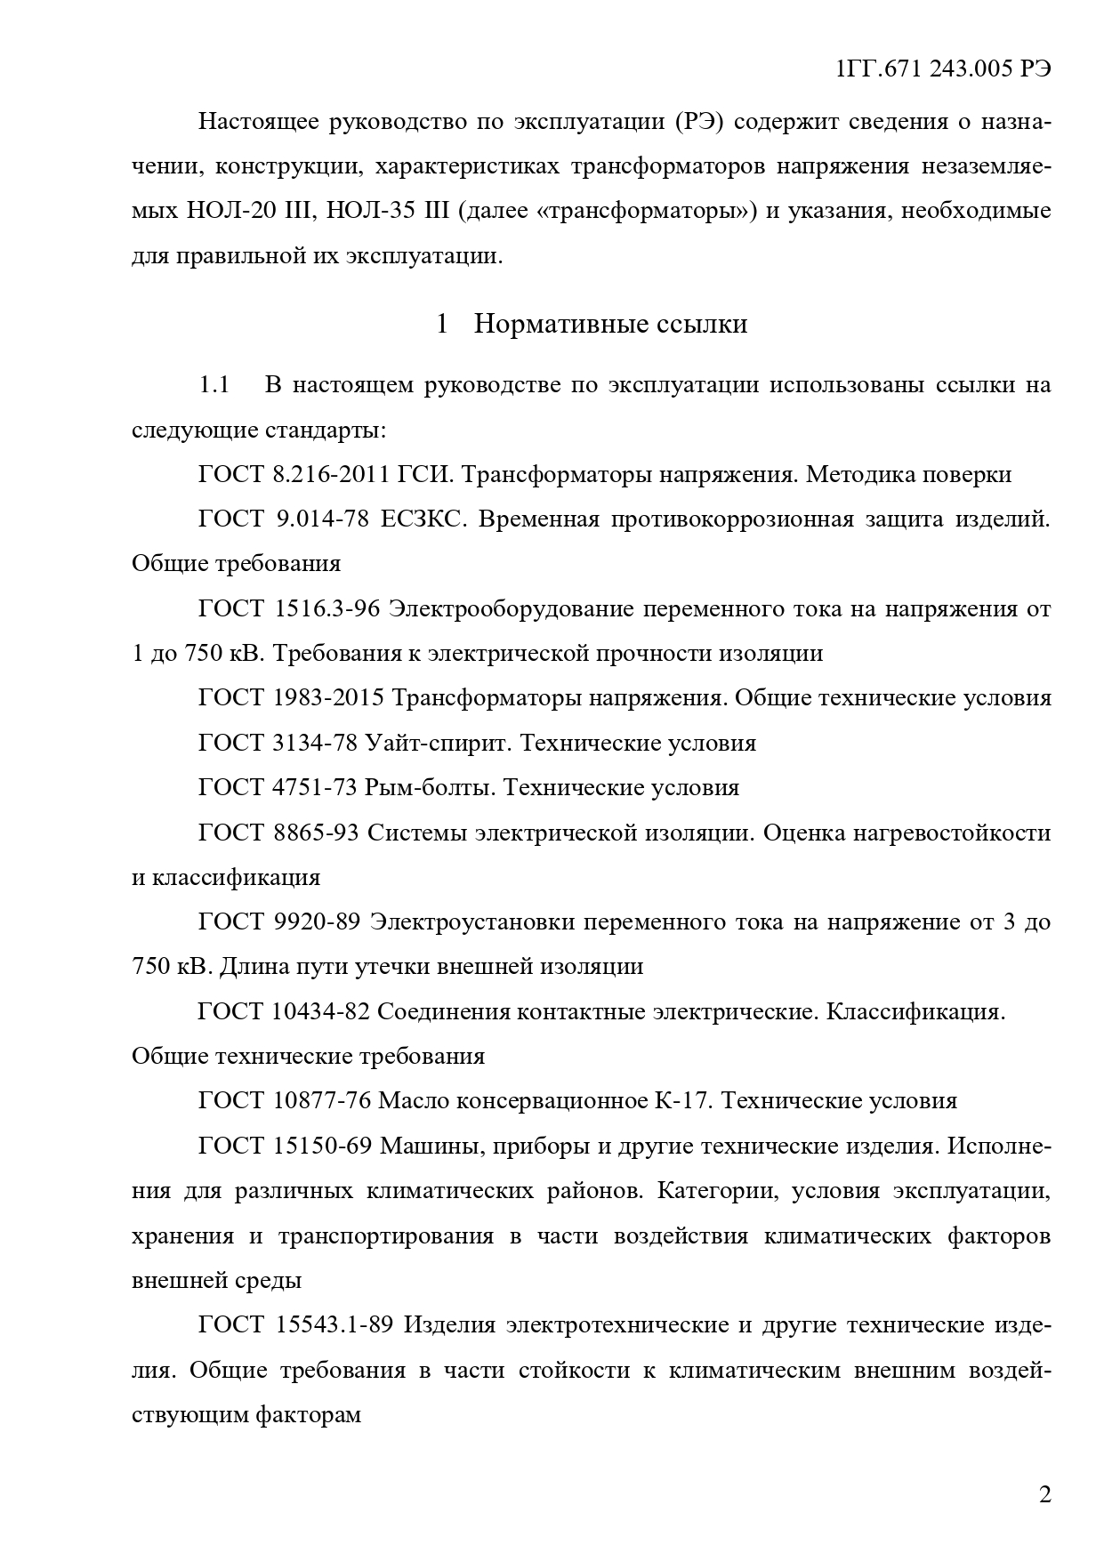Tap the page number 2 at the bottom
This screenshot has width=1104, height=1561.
pos(1044,1493)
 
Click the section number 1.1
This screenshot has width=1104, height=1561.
pos(214,385)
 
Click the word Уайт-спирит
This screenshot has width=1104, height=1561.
pos(439,743)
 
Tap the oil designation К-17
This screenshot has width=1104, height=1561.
pos(681,1101)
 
